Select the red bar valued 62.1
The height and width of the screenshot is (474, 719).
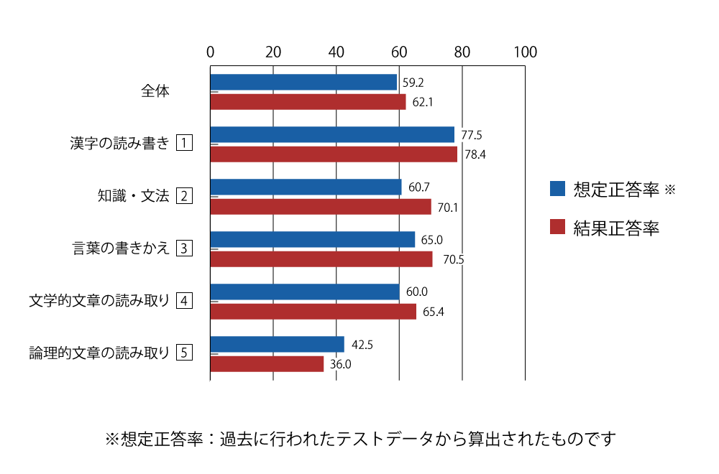[308, 102]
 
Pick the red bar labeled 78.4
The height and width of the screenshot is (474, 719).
[334, 154]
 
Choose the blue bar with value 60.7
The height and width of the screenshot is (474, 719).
[306, 187]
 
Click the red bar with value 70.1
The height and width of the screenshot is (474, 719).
[321, 207]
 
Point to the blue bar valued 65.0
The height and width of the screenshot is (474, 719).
[313, 240]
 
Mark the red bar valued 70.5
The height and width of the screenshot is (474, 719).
[321, 259]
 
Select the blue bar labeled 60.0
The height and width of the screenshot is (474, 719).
[305, 292]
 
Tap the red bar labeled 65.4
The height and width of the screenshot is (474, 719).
[313, 312]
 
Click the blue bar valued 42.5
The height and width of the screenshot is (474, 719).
[278, 345]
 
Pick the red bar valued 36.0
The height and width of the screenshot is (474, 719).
[267, 364]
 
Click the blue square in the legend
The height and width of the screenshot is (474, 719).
[557, 189]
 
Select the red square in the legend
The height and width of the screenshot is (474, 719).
[557, 227]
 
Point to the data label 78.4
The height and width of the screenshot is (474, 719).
[475, 154]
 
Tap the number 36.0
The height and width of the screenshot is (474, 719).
[340, 364]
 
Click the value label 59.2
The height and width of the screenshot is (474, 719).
[413, 83]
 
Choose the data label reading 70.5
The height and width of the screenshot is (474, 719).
[453, 259]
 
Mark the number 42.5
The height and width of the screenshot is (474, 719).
[362, 345]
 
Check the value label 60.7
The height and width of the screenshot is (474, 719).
[419, 187]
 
